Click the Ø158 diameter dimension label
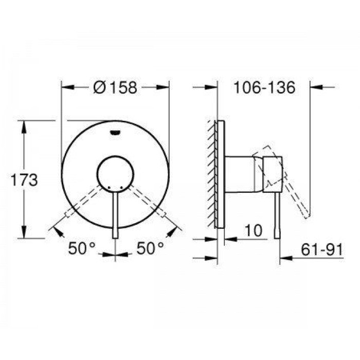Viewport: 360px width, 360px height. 116,88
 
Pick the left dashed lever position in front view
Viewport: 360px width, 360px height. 82,202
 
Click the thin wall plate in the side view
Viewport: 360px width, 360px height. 221,175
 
